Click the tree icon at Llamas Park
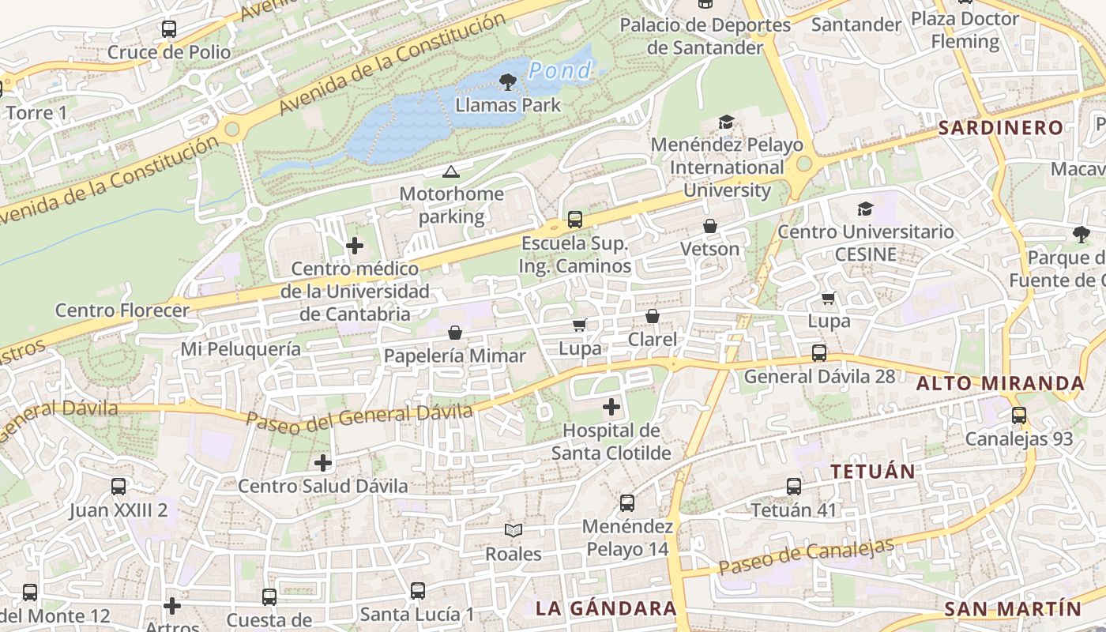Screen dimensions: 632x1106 508,81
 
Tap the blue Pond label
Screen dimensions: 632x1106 559,71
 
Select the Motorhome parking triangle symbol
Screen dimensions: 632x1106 450,171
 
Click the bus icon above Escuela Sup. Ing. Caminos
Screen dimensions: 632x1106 575,220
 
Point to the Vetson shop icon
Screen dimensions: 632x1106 710,227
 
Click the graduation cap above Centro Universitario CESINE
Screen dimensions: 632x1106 866,209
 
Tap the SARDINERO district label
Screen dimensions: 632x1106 1000,127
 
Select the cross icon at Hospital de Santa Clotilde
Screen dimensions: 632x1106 611,408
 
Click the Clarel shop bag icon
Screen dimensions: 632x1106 653,317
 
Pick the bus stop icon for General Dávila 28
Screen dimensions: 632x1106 819,353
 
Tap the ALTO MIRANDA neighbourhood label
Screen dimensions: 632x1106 1000,384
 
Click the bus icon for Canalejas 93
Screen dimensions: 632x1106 1019,416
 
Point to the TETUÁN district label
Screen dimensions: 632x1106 873,472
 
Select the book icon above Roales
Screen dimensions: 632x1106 513,531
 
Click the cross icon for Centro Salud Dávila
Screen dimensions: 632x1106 323,463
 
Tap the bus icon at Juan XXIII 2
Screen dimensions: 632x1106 118,487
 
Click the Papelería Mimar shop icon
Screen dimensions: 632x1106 455,333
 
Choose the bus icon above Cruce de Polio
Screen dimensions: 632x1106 169,29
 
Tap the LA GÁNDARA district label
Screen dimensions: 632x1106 606,608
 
